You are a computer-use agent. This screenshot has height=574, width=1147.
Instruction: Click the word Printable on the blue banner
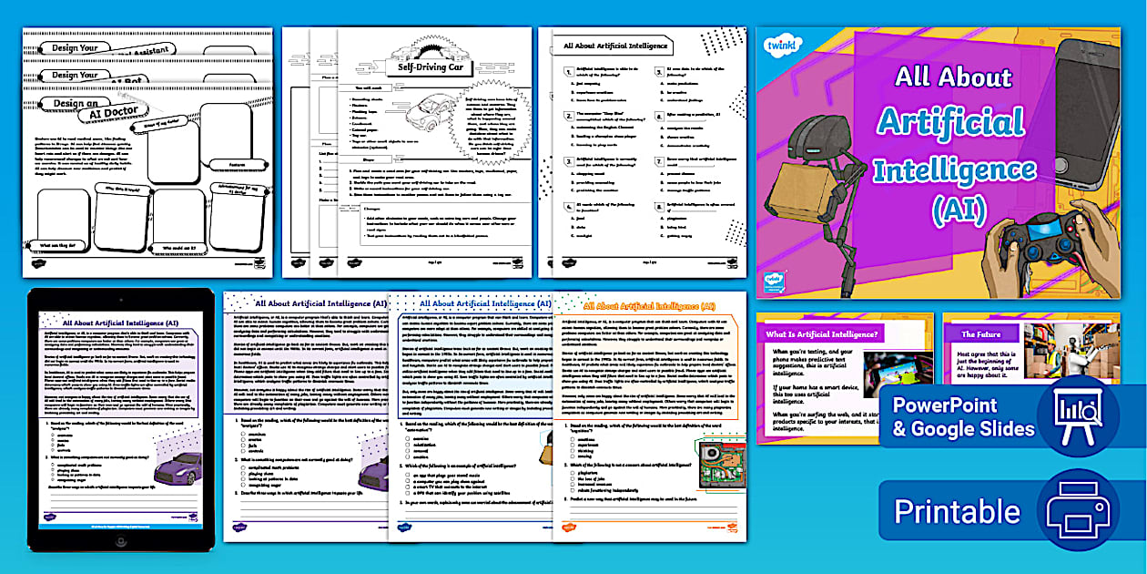click(x=957, y=511)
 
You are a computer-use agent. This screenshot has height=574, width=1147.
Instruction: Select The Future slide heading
click(x=981, y=334)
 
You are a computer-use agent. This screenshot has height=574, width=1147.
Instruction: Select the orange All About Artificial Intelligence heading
click(x=650, y=307)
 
